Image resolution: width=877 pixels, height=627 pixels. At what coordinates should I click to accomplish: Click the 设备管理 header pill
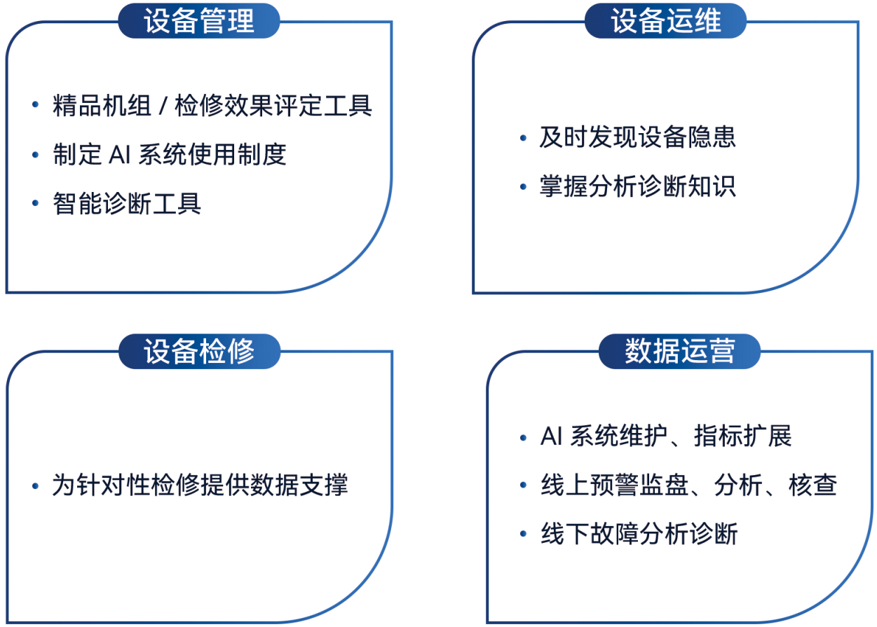coord(199,21)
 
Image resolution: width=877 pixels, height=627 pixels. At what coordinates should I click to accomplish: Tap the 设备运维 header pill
coord(665,21)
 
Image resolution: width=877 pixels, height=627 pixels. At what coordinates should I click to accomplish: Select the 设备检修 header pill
coord(199,351)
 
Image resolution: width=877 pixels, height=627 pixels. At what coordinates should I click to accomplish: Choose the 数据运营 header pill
coord(679,351)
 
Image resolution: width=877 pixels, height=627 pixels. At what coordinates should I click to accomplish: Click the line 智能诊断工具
coord(127,203)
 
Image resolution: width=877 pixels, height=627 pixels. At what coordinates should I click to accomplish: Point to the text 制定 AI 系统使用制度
coord(170,155)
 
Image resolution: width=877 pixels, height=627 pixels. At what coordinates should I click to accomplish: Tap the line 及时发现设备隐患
coord(637,137)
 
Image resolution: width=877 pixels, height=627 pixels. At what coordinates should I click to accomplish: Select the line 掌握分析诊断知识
coord(637,186)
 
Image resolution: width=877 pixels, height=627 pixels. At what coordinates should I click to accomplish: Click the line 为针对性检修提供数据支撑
coord(200,485)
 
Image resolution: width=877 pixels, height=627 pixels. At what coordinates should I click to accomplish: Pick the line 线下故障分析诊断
coord(639,534)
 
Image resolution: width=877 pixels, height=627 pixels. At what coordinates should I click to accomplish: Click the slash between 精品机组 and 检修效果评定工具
coord(163,106)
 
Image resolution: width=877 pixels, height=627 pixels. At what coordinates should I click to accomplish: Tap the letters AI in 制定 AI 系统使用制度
coord(119,155)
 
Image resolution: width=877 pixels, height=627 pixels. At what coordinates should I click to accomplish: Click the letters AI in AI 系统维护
coord(551,436)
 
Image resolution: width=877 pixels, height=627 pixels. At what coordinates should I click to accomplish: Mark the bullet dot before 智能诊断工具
coord(35,203)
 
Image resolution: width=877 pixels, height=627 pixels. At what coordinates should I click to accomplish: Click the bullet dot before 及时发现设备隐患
coord(523,138)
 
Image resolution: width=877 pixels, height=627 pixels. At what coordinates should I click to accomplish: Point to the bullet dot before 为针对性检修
coord(35,485)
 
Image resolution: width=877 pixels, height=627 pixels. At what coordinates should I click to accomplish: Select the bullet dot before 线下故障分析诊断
coord(523,534)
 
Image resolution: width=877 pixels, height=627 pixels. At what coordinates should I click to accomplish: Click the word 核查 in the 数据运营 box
coord(813,485)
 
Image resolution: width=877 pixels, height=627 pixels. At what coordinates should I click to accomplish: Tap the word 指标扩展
coord(742,436)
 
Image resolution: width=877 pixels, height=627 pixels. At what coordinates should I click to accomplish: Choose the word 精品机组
coord(102,106)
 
